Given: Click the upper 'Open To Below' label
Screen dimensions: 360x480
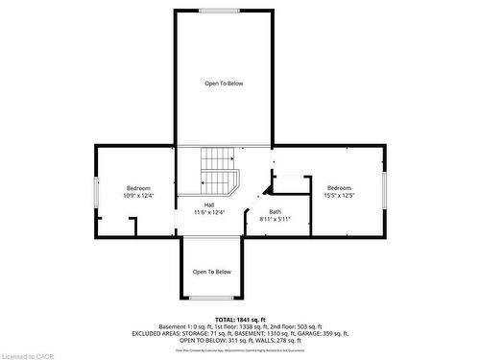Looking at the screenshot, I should [x=224, y=84].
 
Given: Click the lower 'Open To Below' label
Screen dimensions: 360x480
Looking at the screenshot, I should [x=212, y=272].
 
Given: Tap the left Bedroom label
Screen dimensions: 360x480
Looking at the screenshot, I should [x=138, y=187].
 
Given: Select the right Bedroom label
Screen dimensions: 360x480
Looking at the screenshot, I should [x=339, y=187].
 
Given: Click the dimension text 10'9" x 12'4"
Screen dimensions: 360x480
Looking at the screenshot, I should [x=138, y=196].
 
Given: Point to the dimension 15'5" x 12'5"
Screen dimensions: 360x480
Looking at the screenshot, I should [x=339, y=196].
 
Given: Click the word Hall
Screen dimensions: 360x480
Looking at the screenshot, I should [x=208, y=204].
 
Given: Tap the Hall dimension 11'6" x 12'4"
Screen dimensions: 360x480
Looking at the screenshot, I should [x=208, y=212].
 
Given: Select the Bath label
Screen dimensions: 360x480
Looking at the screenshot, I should [x=275, y=212].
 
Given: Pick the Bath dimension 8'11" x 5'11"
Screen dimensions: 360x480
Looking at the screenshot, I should [x=275, y=220].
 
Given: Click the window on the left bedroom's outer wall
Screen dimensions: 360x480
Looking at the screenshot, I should [x=95, y=190].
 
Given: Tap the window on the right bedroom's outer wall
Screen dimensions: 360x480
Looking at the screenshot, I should [x=383, y=190].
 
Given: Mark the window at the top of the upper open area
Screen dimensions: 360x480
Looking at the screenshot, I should [x=220, y=11].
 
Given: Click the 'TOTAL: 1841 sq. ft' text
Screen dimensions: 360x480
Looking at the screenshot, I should [x=240, y=319].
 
